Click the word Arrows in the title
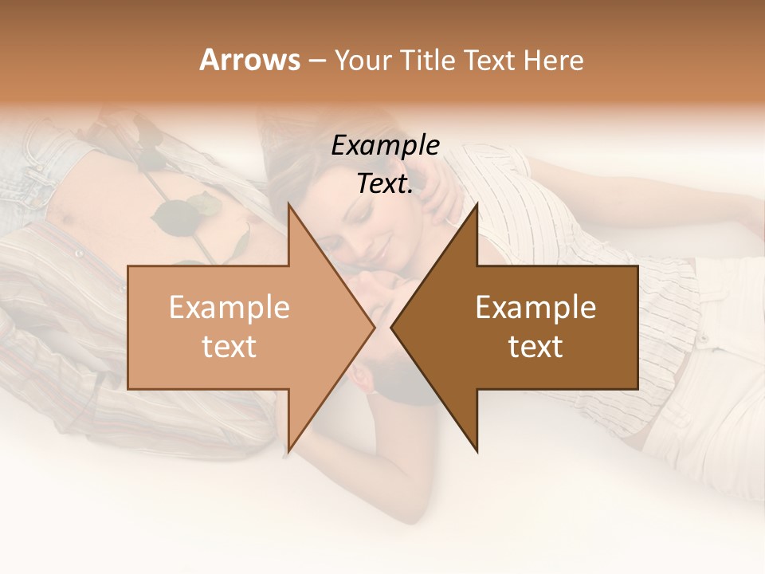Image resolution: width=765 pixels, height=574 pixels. [x=249, y=60]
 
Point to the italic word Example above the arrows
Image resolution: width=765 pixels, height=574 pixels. [x=385, y=146]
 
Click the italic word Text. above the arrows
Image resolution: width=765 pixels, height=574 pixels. [x=385, y=184]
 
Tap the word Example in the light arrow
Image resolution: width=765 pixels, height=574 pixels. [x=229, y=308]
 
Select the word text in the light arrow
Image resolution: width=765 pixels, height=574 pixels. [x=229, y=347]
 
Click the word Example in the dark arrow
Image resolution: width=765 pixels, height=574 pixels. [x=535, y=308]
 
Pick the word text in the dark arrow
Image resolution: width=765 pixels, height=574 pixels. [x=535, y=347]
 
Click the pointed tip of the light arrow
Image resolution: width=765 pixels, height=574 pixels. [x=374, y=327]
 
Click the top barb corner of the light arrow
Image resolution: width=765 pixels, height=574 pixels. [x=288, y=204]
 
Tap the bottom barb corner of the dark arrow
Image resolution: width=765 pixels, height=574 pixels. [x=477, y=452]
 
